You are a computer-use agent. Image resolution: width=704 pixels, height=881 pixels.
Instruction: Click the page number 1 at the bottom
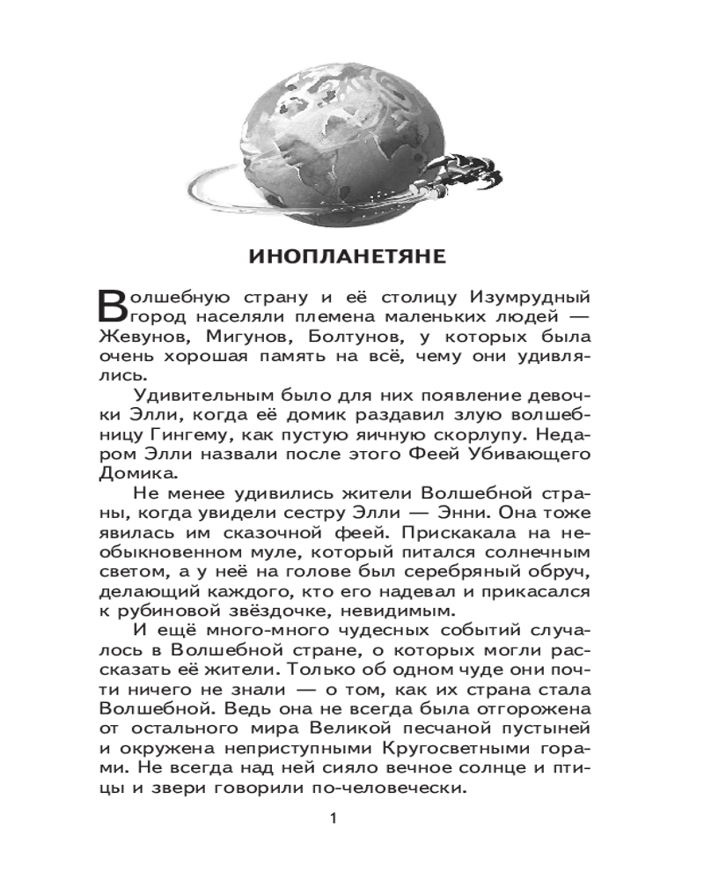(332, 819)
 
